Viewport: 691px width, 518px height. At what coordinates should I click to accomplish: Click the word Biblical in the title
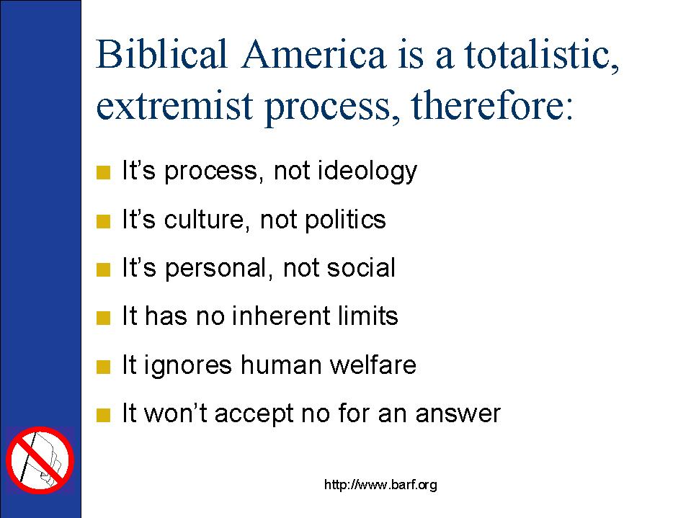pyautogui.click(x=161, y=54)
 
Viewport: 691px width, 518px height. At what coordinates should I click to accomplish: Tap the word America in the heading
pyautogui.click(x=313, y=54)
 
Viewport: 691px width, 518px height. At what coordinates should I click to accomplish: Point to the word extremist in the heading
pyautogui.click(x=174, y=106)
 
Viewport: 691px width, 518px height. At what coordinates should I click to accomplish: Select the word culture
pyautogui.click(x=204, y=219)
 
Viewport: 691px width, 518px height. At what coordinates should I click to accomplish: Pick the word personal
pyautogui.click(x=216, y=269)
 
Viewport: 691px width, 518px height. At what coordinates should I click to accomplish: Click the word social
pyautogui.click(x=361, y=268)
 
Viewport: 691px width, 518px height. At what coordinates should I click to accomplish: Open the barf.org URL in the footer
pyautogui.click(x=380, y=485)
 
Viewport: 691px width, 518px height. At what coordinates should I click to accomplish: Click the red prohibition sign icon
pyautogui.click(x=40, y=460)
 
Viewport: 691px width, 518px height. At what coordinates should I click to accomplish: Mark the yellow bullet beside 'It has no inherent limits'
pyautogui.click(x=103, y=318)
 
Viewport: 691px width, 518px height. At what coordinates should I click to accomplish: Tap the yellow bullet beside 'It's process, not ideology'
pyautogui.click(x=103, y=172)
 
